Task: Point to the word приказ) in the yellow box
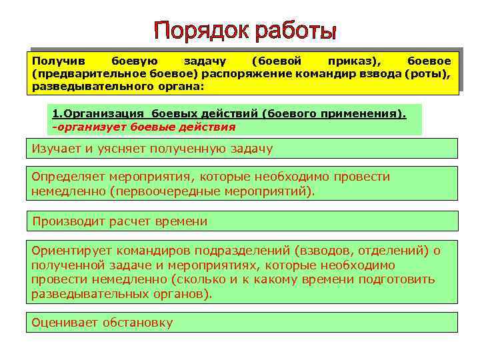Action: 362,60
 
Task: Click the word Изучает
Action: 56,149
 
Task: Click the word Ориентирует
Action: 71,251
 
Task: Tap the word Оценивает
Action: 65,323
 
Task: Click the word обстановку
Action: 137,323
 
